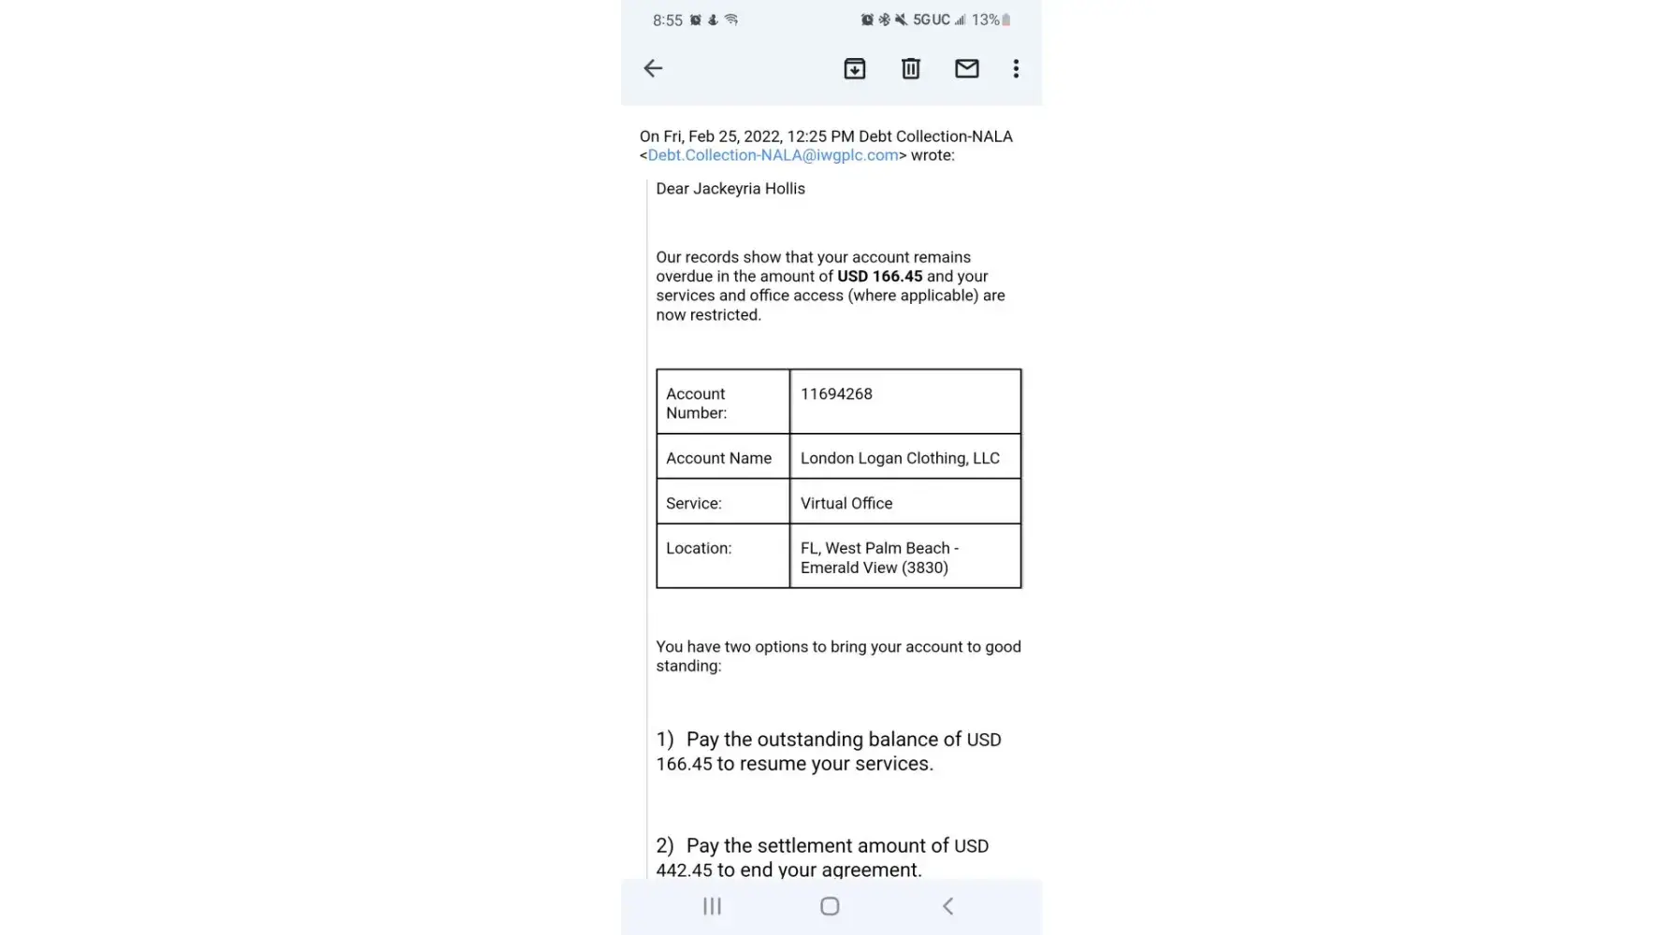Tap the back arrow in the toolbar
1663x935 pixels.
pyautogui.click(x=653, y=68)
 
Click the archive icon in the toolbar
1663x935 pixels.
pyautogui.click(x=854, y=68)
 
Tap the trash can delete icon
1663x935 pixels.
pyautogui.click(x=910, y=68)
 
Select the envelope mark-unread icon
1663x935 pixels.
pyautogui.click(x=966, y=68)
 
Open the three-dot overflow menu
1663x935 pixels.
pyautogui.click(x=1016, y=68)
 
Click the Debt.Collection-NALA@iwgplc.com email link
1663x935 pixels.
pyautogui.click(x=773, y=155)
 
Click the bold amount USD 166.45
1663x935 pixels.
pyautogui.click(x=879, y=277)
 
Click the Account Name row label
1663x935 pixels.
pyautogui.click(x=718, y=458)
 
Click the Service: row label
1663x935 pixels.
pyautogui.click(x=694, y=503)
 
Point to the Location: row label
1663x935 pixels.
pyautogui.click(x=699, y=548)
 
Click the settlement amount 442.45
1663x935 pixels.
pyautogui.click(x=684, y=870)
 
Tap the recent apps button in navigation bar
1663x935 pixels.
pyautogui.click(x=712, y=906)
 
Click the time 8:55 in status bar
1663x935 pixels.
pyautogui.click(x=668, y=21)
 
